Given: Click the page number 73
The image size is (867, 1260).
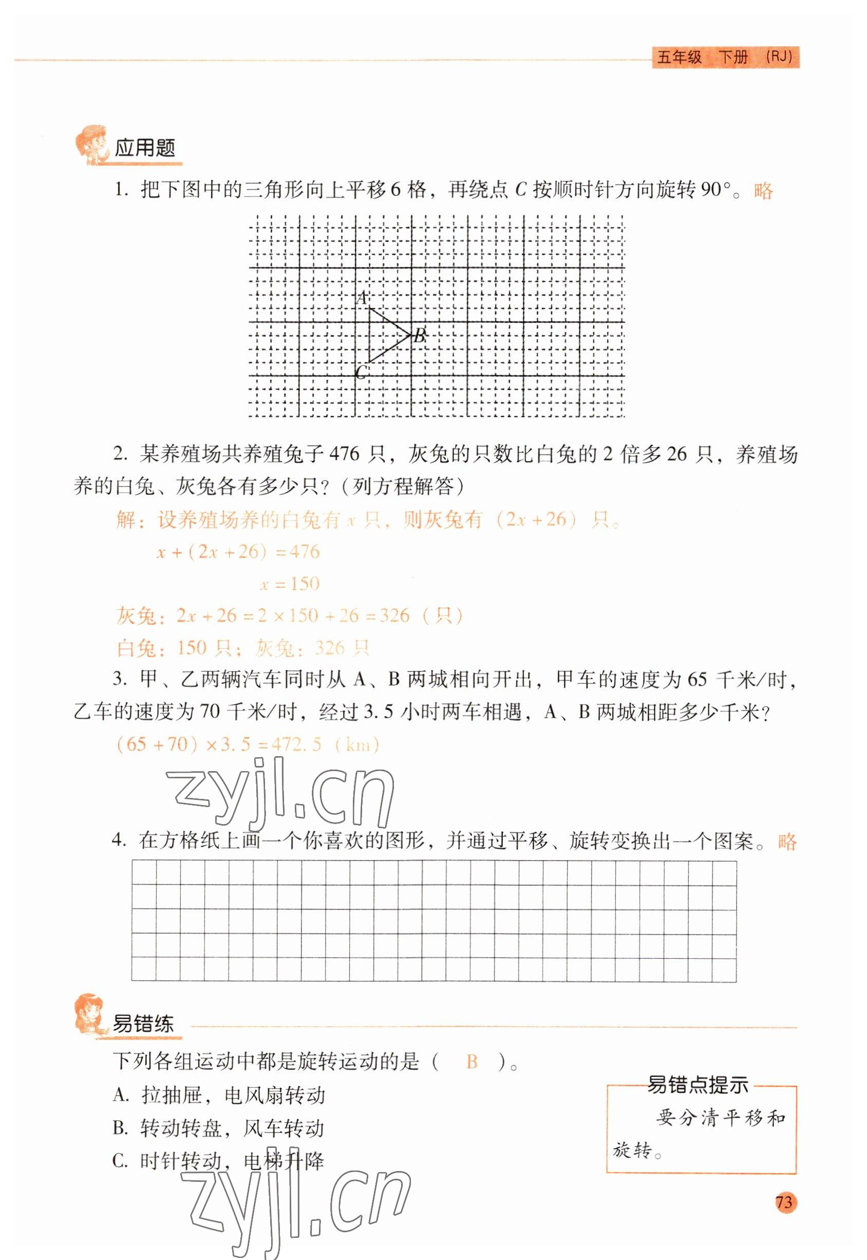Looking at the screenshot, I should pos(784,1201).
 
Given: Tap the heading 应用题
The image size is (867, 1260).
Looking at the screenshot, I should pos(145,148).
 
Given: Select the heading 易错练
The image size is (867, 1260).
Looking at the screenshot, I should pos(143,1024).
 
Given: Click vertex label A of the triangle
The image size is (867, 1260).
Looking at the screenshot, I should pos(362,298).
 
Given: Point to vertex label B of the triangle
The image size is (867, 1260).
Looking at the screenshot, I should pos(420,335).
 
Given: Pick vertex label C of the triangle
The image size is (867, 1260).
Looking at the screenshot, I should pos(360,373).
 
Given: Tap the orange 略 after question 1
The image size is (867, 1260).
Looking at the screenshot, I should pos(763,191).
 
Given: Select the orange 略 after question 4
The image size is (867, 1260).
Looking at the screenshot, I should pos(787,842).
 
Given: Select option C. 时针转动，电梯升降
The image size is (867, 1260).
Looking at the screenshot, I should pos(218,1161).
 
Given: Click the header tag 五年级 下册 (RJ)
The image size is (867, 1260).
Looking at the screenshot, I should pos(725,57).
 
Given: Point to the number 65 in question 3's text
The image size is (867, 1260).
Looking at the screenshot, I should pos(698,680).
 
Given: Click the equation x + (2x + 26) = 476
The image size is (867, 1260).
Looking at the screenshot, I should pos(238,552).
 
